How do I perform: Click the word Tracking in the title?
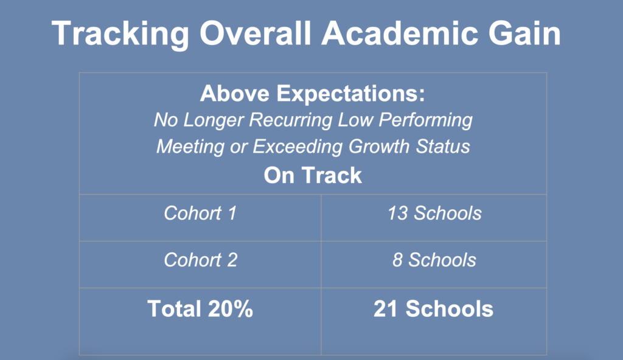tap(120, 34)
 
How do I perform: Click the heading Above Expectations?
tap(313, 94)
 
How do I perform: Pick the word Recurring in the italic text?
tap(290, 120)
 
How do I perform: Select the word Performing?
tap(425, 120)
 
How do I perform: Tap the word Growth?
tap(379, 146)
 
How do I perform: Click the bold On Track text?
tap(313, 175)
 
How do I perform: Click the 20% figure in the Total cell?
tap(230, 309)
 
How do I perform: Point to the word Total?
tap(174, 309)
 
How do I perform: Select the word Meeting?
tap(190, 147)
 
